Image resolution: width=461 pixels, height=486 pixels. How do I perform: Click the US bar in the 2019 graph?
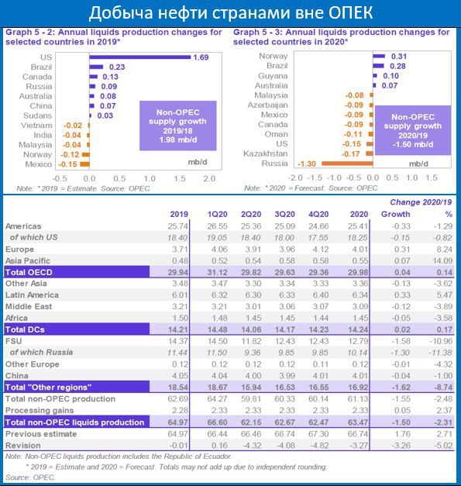coord(140,57)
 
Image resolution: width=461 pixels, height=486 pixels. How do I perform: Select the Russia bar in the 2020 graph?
coord(347,164)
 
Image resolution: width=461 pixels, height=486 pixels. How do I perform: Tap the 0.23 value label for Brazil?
coord(117,67)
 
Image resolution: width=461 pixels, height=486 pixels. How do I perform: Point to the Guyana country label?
coord(273,76)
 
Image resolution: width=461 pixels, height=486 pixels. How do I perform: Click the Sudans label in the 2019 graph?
coord(37,115)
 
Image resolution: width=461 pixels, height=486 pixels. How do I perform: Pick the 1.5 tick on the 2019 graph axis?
coord(180,178)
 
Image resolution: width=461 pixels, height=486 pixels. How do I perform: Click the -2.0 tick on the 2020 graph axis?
coord(295,178)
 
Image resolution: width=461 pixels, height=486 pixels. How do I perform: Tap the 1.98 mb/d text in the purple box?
coord(178,140)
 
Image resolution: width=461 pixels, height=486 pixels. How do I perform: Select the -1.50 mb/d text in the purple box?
coord(413,144)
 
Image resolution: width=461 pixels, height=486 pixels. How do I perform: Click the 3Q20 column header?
coord(284,214)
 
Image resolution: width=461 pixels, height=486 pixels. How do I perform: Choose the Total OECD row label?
coord(29,272)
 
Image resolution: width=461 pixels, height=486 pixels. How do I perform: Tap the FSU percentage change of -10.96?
coord(441,341)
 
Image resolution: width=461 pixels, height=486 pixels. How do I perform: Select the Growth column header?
coord(396,214)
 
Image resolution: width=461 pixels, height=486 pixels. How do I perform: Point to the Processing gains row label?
coord(40,410)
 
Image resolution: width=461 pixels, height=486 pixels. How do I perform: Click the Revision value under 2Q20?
coord(251,446)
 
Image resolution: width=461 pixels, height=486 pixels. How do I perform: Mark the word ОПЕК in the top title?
coord(351,13)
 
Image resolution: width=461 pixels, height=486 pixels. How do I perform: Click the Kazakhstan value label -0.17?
coord(351,154)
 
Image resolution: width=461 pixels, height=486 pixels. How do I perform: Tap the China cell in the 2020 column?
coord(360,376)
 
